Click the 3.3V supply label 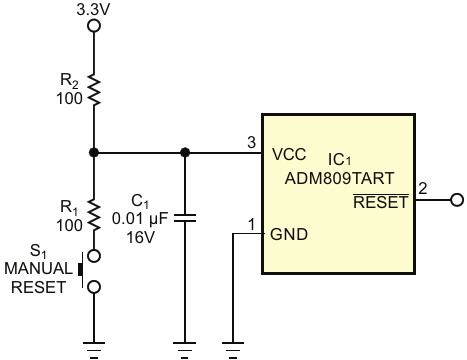pos(93,10)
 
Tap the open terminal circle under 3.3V pos(94,26)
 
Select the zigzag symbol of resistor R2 pos(94,90)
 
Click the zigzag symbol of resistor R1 pos(94,216)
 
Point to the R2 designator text pos(69,81)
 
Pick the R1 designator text pos(69,208)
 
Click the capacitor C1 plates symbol pos(185,218)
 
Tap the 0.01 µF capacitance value pos(140,219)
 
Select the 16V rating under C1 pos(140,237)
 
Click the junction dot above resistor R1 pos(94,153)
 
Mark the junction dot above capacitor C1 pos(185,153)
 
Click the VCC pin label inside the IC pos(289,154)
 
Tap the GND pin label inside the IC pos(289,234)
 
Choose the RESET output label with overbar pos(381,201)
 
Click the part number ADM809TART pos(339,179)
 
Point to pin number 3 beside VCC pos(251,142)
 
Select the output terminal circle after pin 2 pos(457,200)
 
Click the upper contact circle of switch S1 pos(94,256)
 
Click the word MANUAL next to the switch pos(38,269)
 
